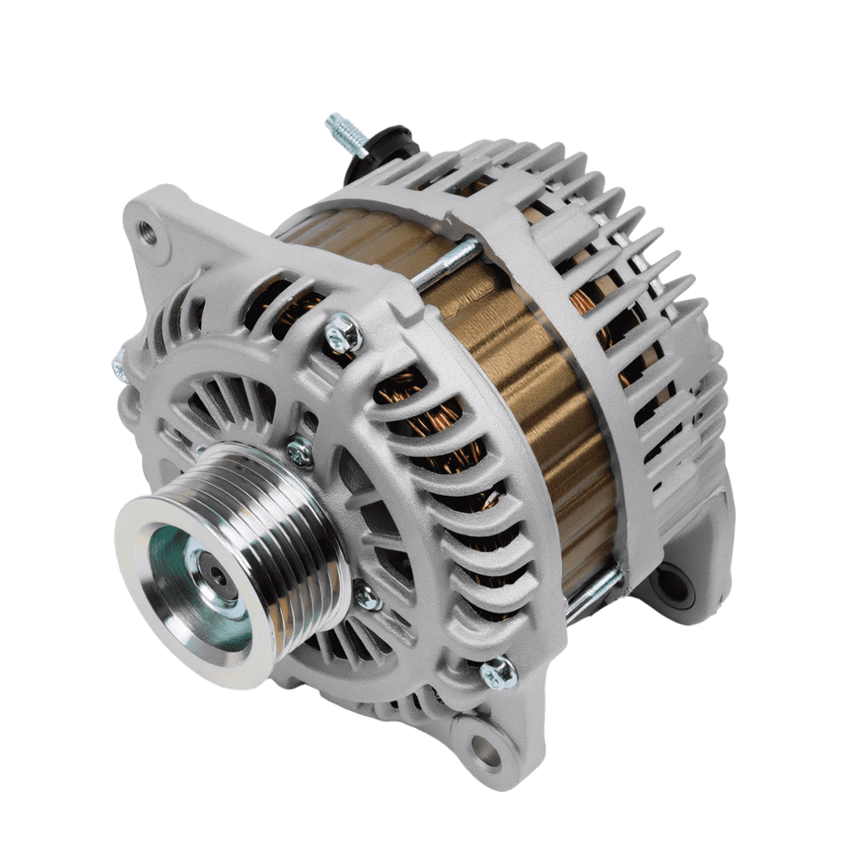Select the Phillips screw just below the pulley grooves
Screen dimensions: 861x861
pos(367,596)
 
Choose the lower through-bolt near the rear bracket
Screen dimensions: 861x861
pos(594,589)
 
